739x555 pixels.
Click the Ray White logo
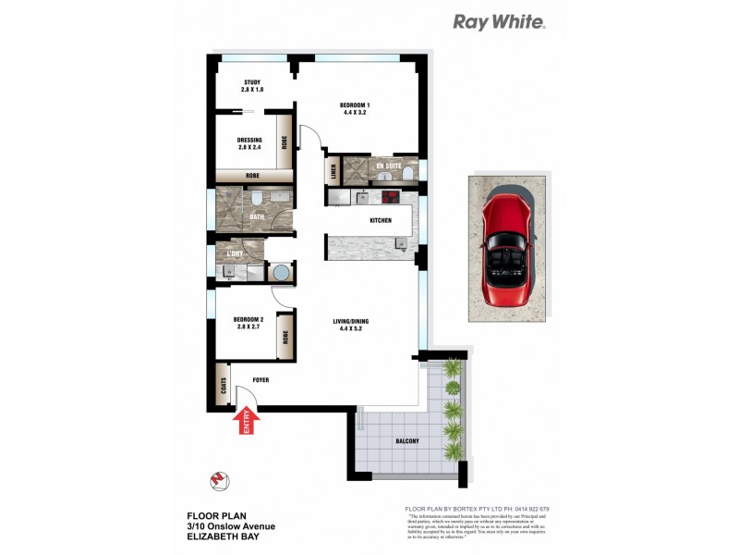(499, 21)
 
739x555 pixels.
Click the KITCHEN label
(381, 220)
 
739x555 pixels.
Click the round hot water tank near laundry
(278, 272)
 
